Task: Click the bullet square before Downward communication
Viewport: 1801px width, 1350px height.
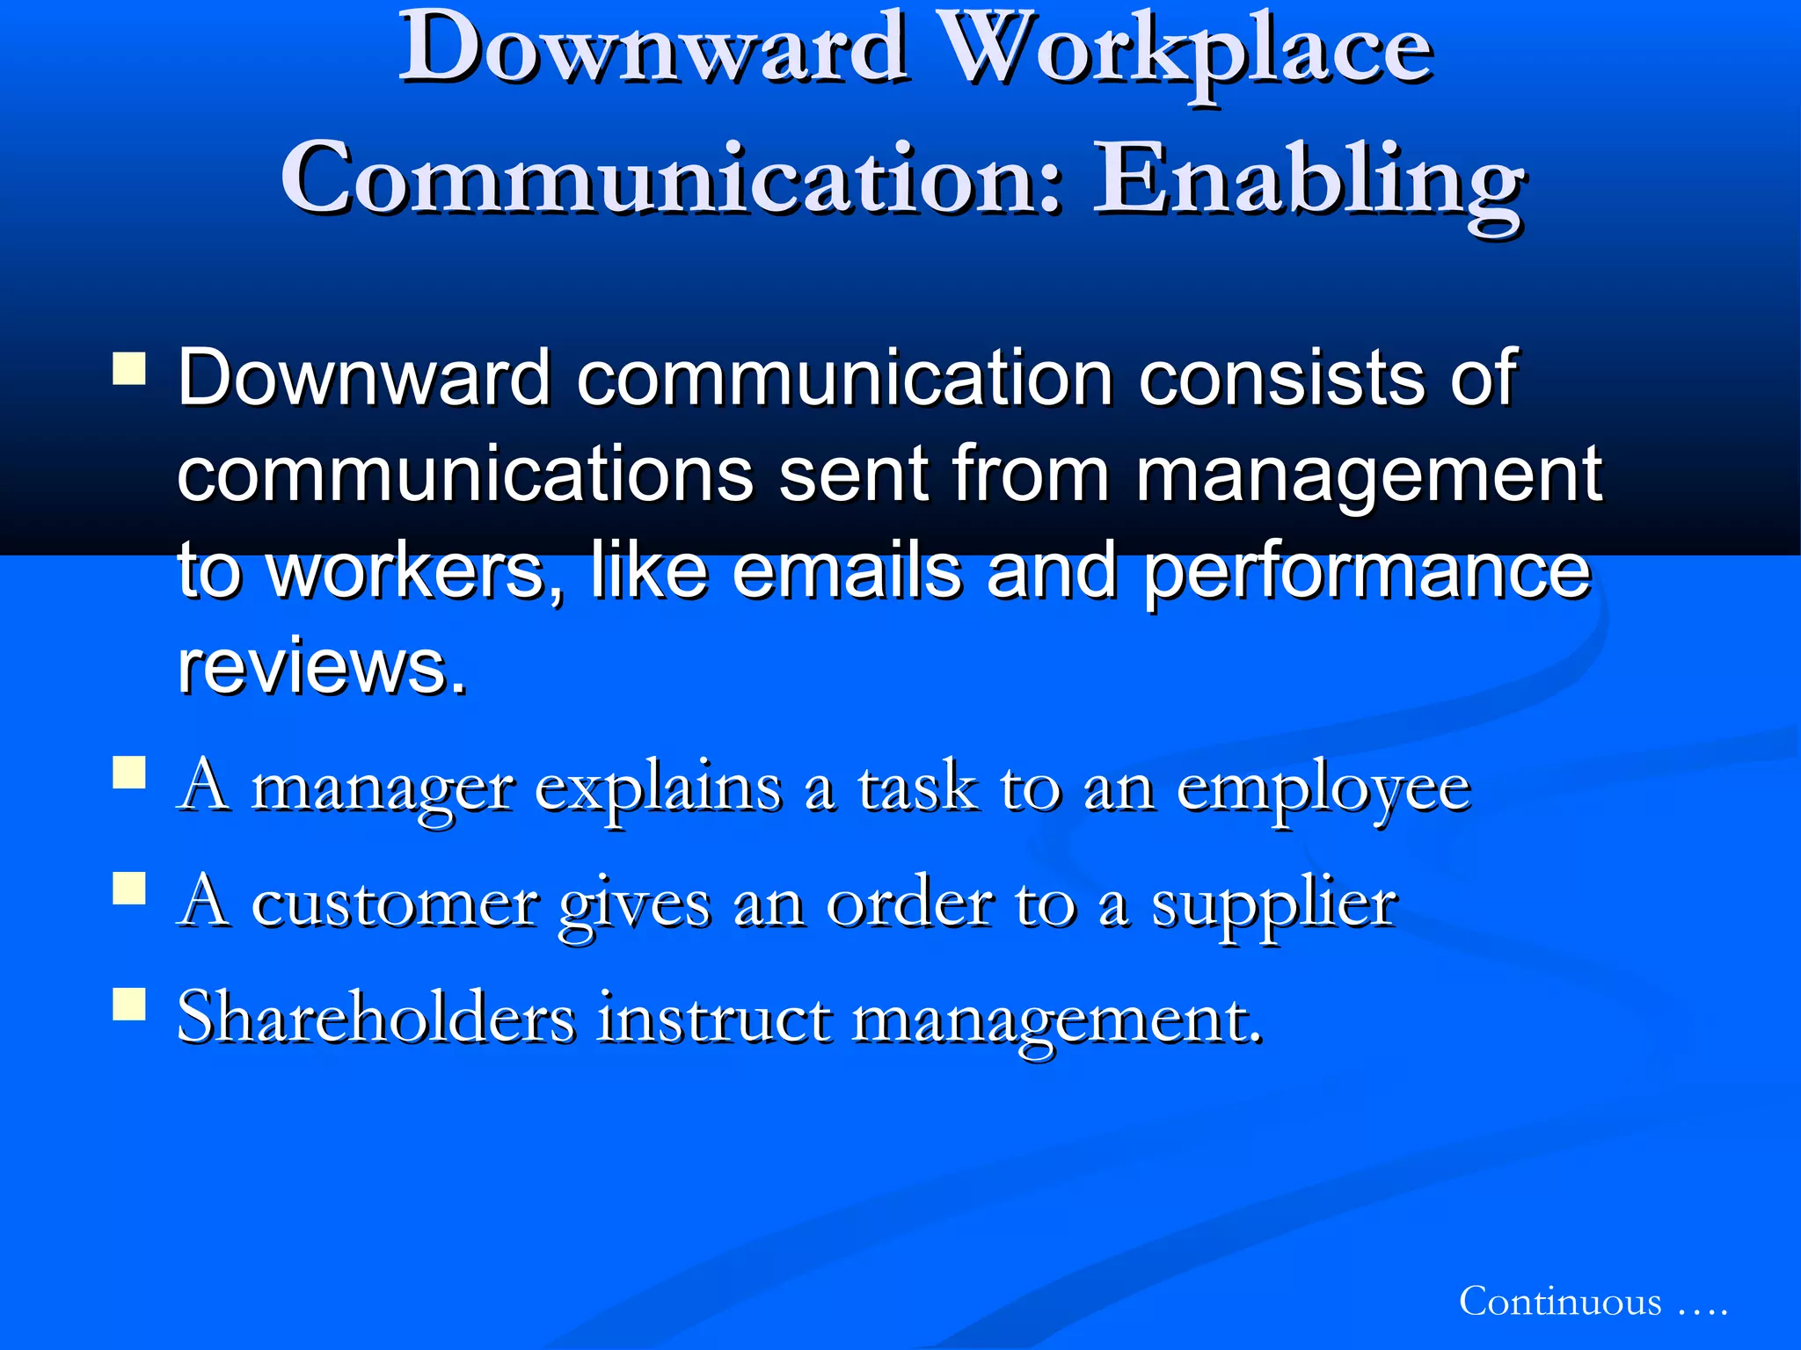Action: pos(129,368)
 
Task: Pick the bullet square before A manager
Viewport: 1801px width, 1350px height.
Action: pos(129,773)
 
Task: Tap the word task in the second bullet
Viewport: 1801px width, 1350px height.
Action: pos(916,787)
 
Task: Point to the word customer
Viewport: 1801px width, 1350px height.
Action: pos(394,904)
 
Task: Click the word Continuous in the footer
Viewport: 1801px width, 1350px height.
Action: pos(1560,1302)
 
